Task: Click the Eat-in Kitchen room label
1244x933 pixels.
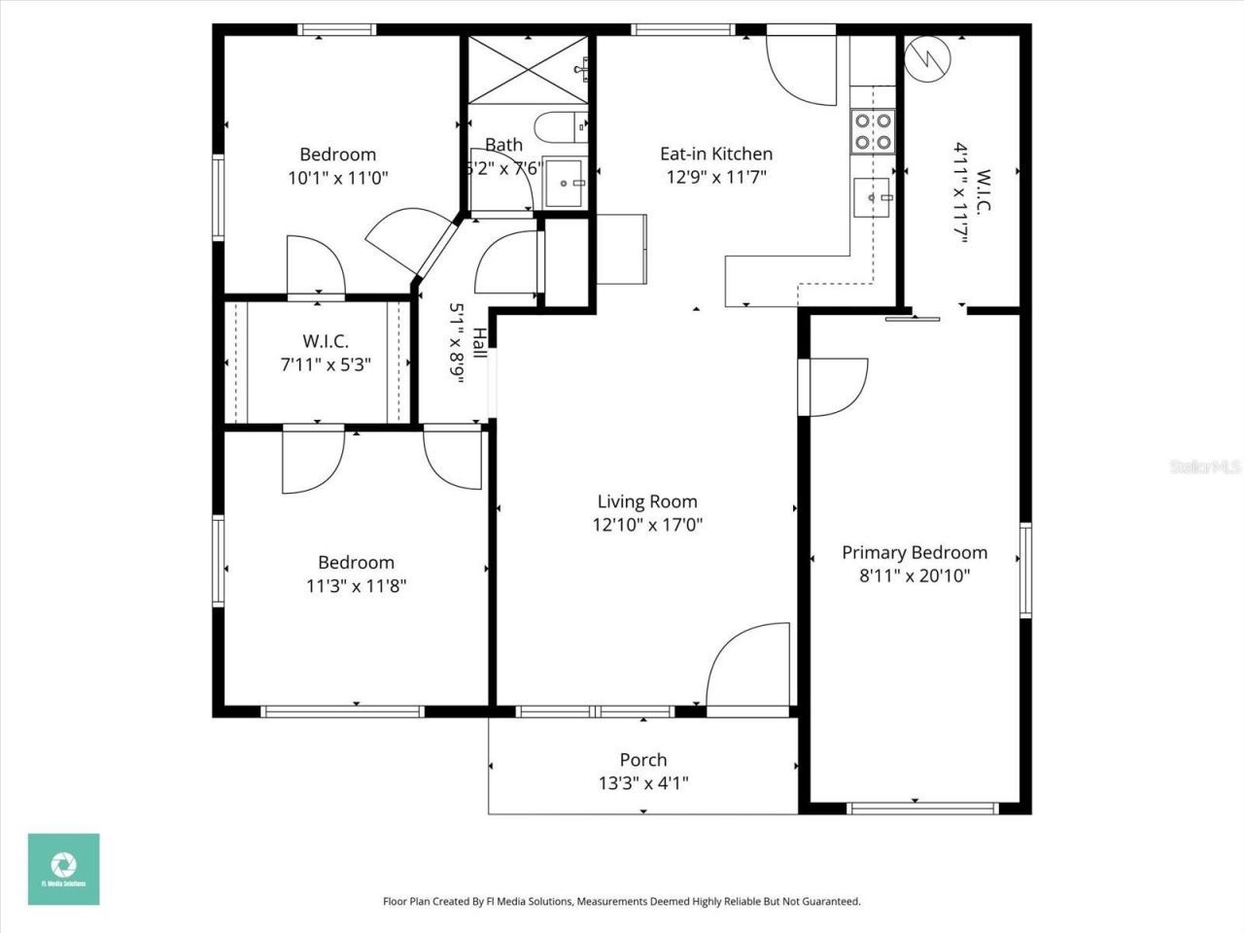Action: click(716, 154)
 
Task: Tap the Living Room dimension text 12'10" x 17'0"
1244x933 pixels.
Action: click(647, 526)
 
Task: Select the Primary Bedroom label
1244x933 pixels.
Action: click(915, 552)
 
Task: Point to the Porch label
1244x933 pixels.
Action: click(643, 760)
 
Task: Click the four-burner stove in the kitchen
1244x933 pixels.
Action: click(872, 132)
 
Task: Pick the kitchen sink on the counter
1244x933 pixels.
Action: click(873, 197)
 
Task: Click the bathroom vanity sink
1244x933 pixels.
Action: click(565, 183)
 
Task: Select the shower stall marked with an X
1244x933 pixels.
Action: click(529, 68)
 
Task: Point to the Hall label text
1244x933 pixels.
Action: click(480, 343)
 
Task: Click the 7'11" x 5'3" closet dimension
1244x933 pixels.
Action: click(326, 365)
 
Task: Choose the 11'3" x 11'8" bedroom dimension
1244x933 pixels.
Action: click(356, 586)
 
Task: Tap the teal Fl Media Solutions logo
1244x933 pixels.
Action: click(63, 869)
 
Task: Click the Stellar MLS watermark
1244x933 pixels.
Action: click(1205, 466)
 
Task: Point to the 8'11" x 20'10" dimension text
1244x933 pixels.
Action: click(914, 576)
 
